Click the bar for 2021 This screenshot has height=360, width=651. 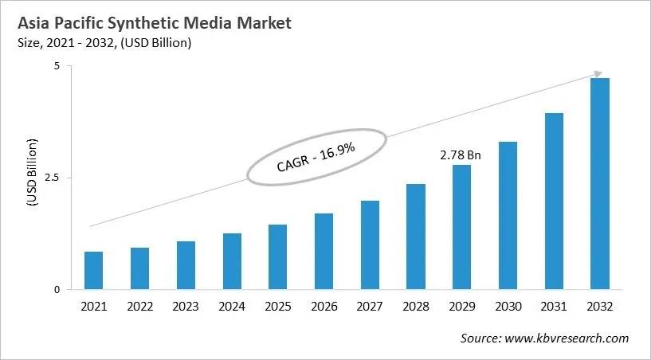(x=93, y=271)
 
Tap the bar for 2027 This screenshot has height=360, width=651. (x=370, y=245)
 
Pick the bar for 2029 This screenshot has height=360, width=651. (x=461, y=227)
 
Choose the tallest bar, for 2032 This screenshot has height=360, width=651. (x=599, y=184)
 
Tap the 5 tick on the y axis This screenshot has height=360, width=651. (x=57, y=66)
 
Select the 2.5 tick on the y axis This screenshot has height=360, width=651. (x=53, y=178)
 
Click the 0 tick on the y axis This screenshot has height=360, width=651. (x=57, y=290)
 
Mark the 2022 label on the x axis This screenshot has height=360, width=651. (x=139, y=306)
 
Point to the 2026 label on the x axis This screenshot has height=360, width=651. (x=324, y=306)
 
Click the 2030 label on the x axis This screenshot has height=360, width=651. (x=508, y=306)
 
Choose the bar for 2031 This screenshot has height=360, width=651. (x=554, y=202)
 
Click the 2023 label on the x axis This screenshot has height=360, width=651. (x=186, y=306)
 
